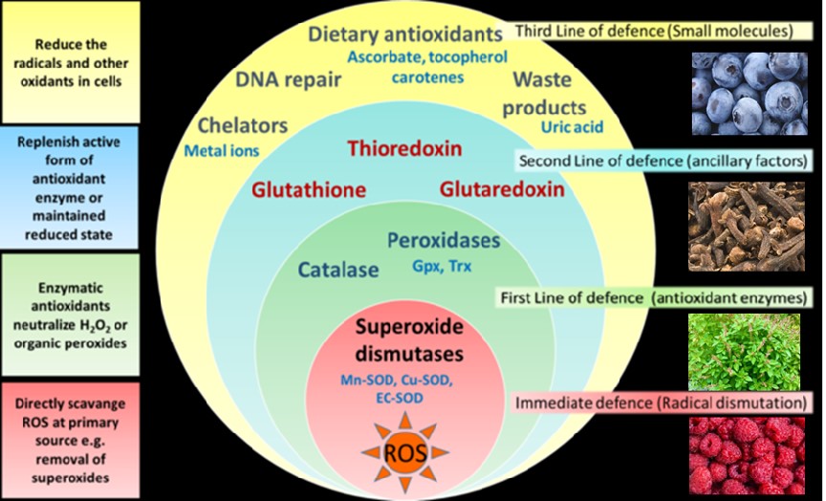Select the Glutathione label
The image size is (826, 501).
point(309,189)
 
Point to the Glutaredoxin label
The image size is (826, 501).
point(501,189)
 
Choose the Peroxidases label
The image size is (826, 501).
point(443,240)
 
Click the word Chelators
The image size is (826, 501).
point(242,125)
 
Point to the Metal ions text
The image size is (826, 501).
point(220,149)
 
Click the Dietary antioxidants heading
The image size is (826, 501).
point(404,35)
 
